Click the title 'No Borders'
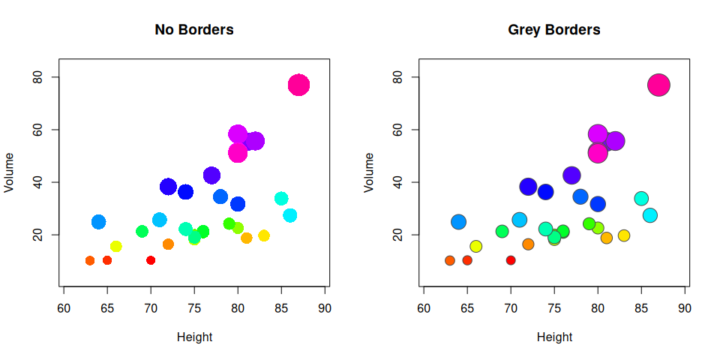(194, 30)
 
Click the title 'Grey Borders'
(554, 30)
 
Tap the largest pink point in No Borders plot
(298, 85)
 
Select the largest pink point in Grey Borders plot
(658, 85)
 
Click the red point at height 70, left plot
(151, 260)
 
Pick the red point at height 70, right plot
(511, 260)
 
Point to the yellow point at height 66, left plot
(116, 246)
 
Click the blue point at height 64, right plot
(458, 222)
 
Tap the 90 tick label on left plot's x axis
(325, 307)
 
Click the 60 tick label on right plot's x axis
(424, 307)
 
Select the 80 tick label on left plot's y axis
(36, 77)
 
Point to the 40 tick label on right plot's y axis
(396, 182)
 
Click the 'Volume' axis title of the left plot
(10, 172)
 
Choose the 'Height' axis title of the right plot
(554, 337)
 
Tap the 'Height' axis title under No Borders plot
(194, 337)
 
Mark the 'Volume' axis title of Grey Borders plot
(370, 172)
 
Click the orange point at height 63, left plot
(90, 260)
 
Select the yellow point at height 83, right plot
(624, 235)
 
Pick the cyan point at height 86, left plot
(290, 215)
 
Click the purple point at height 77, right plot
(571, 175)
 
